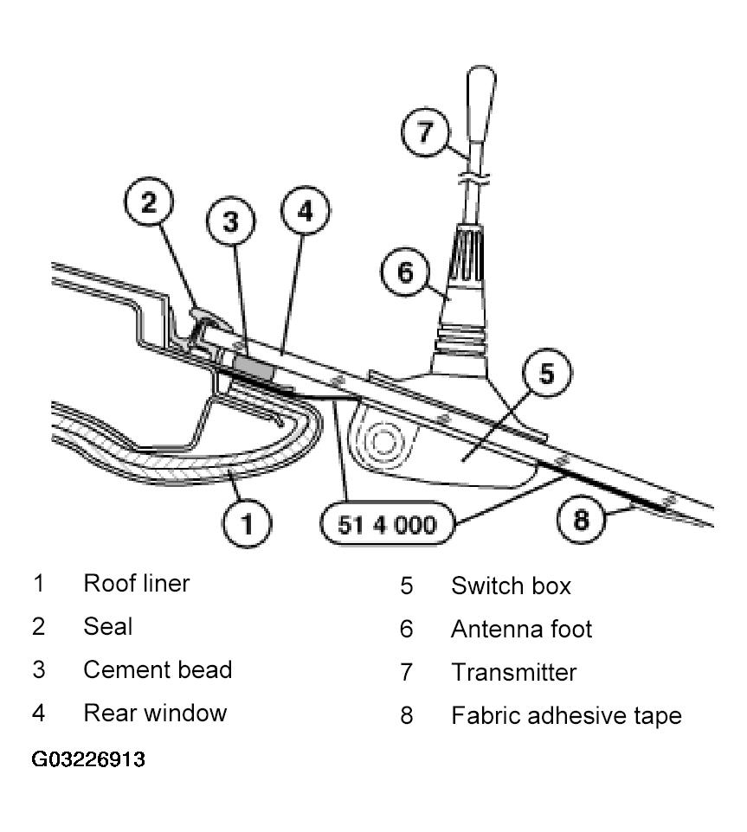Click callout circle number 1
(247, 523)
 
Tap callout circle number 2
(149, 202)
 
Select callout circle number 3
(231, 221)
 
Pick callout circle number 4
(306, 211)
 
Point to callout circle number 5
(547, 373)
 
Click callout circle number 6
(405, 272)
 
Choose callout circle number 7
(425, 131)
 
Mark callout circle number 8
(582, 518)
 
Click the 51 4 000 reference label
(387, 524)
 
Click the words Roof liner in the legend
(137, 584)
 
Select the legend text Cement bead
(158, 669)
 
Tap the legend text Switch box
(511, 586)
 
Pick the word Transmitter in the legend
(514, 672)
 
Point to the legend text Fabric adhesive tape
(566, 716)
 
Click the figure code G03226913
(88, 758)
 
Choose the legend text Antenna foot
(521, 630)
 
